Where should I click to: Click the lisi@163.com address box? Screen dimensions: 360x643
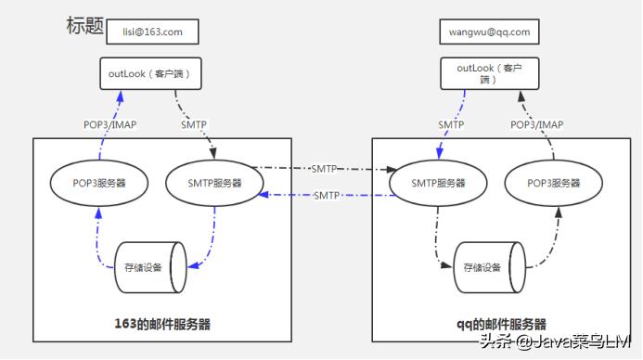[x=153, y=32]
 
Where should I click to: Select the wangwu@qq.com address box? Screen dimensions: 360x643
[x=490, y=32]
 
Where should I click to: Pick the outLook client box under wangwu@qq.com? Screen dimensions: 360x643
[x=490, y=73]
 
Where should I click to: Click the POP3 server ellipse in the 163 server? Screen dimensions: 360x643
[x=100, y=184]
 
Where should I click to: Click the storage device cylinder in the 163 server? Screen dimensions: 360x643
[x=148, y=267]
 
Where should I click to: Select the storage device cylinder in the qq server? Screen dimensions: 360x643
[x=486, y=267]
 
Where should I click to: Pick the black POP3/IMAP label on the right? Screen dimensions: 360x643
[x=536, y=124]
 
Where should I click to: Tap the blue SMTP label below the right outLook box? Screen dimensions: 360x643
[x=453, y=124]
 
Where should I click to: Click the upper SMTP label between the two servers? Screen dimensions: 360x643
[x=324, y=169]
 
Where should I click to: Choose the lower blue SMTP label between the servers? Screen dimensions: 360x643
[x=326, y=196]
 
